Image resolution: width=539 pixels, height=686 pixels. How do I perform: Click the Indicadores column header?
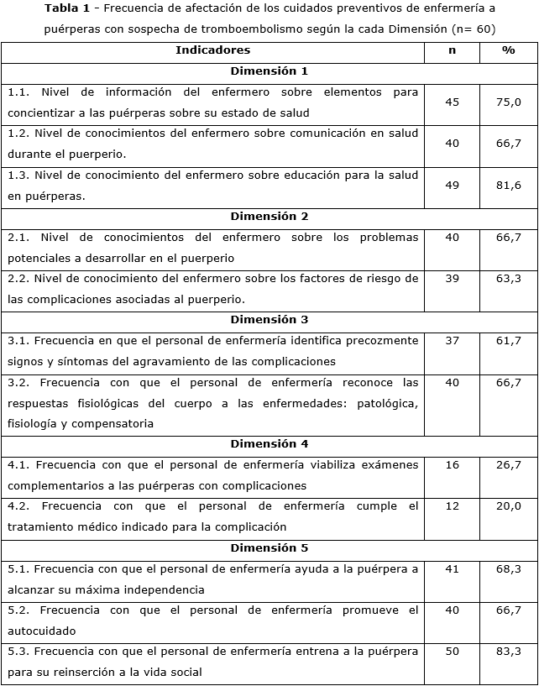(212, 50)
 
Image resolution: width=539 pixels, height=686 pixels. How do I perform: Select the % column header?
(508, 50)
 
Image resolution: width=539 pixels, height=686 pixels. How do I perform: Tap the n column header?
(452, 50)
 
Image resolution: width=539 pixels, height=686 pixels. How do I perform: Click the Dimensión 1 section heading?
(269, 71)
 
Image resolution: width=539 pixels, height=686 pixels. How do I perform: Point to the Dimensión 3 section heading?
(269, 320)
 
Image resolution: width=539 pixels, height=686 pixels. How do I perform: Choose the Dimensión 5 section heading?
(269, 548)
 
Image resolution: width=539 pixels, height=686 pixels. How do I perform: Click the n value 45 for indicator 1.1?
(452, 102)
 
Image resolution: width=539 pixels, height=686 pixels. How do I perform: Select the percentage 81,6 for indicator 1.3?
(508, 185)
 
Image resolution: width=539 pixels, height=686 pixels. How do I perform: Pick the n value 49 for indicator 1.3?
(452, 185)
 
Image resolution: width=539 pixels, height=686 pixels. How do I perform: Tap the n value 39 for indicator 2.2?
(452, 279)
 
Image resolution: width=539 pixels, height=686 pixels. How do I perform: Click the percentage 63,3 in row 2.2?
(508, 279)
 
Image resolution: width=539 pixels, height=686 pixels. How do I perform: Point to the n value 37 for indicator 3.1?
(452, 341)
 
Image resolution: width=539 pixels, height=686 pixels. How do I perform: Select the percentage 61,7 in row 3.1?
(508, 341)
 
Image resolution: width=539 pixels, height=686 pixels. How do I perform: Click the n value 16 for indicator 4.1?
(452, 465)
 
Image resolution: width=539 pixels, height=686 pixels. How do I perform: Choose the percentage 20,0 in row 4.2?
(508, 506)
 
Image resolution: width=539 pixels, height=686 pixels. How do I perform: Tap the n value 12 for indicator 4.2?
(452, 506)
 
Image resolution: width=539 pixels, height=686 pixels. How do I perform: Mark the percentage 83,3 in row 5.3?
(508, 652)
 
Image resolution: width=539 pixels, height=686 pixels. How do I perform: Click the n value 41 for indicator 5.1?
(452, 569)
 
